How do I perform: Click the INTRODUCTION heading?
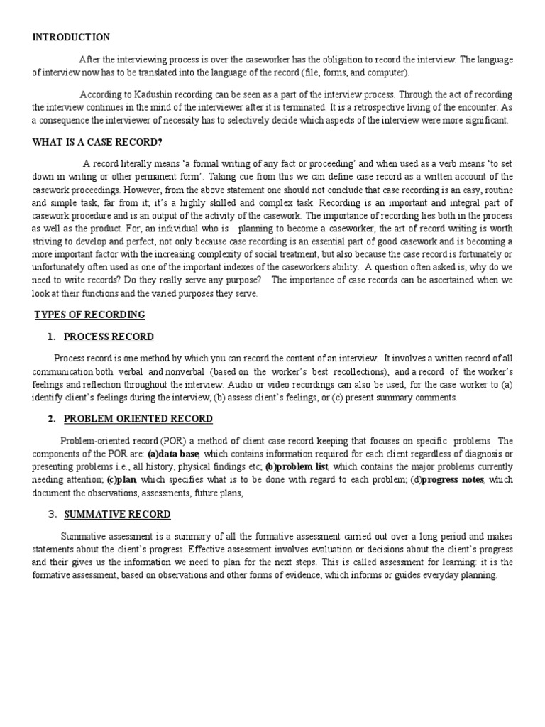pos(71,38)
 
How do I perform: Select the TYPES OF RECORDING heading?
pos(90,315)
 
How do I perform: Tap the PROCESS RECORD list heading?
pos(109,337)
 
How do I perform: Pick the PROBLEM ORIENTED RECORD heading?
pos(138,419)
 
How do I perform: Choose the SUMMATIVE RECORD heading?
pos(117,514)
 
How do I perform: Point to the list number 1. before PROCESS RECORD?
pos(52,337)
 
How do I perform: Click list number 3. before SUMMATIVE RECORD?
pos(52,514)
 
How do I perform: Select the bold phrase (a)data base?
pos(172,454)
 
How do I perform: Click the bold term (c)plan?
pos(121,481)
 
